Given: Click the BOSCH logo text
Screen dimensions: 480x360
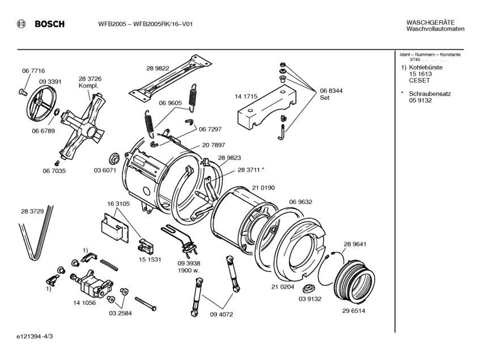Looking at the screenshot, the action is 50,24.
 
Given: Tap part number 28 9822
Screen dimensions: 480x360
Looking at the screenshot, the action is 158,68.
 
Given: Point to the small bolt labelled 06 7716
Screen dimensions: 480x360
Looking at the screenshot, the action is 23,91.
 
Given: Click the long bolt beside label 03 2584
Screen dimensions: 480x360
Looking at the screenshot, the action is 146,303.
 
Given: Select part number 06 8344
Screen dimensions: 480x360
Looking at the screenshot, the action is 331,91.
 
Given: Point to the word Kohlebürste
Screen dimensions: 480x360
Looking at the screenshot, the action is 426,67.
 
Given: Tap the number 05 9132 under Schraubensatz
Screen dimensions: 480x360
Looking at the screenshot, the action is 420,100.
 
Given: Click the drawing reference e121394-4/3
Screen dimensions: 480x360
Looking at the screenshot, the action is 35,336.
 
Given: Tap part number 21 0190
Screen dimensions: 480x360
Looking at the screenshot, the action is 264,188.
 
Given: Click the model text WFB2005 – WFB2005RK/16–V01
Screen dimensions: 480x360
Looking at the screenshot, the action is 146,24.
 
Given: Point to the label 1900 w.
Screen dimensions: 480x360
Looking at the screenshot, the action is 189,270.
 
